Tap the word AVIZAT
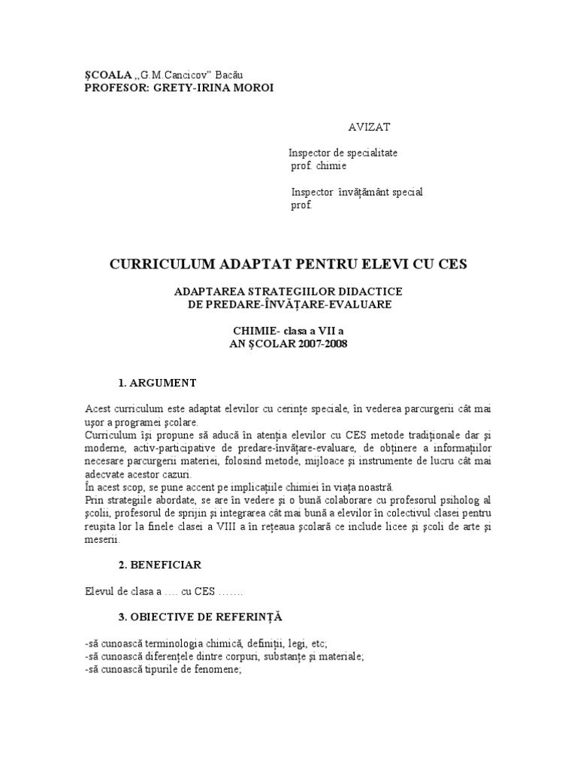[368, 127]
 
